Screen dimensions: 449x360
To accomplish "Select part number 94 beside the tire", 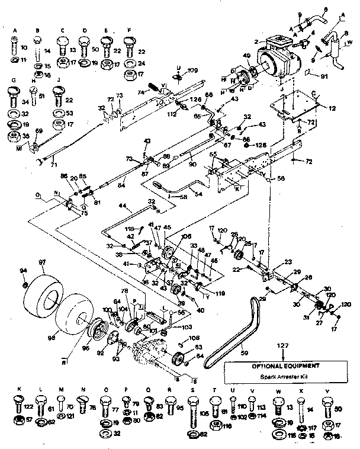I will [x=24, y=271].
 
